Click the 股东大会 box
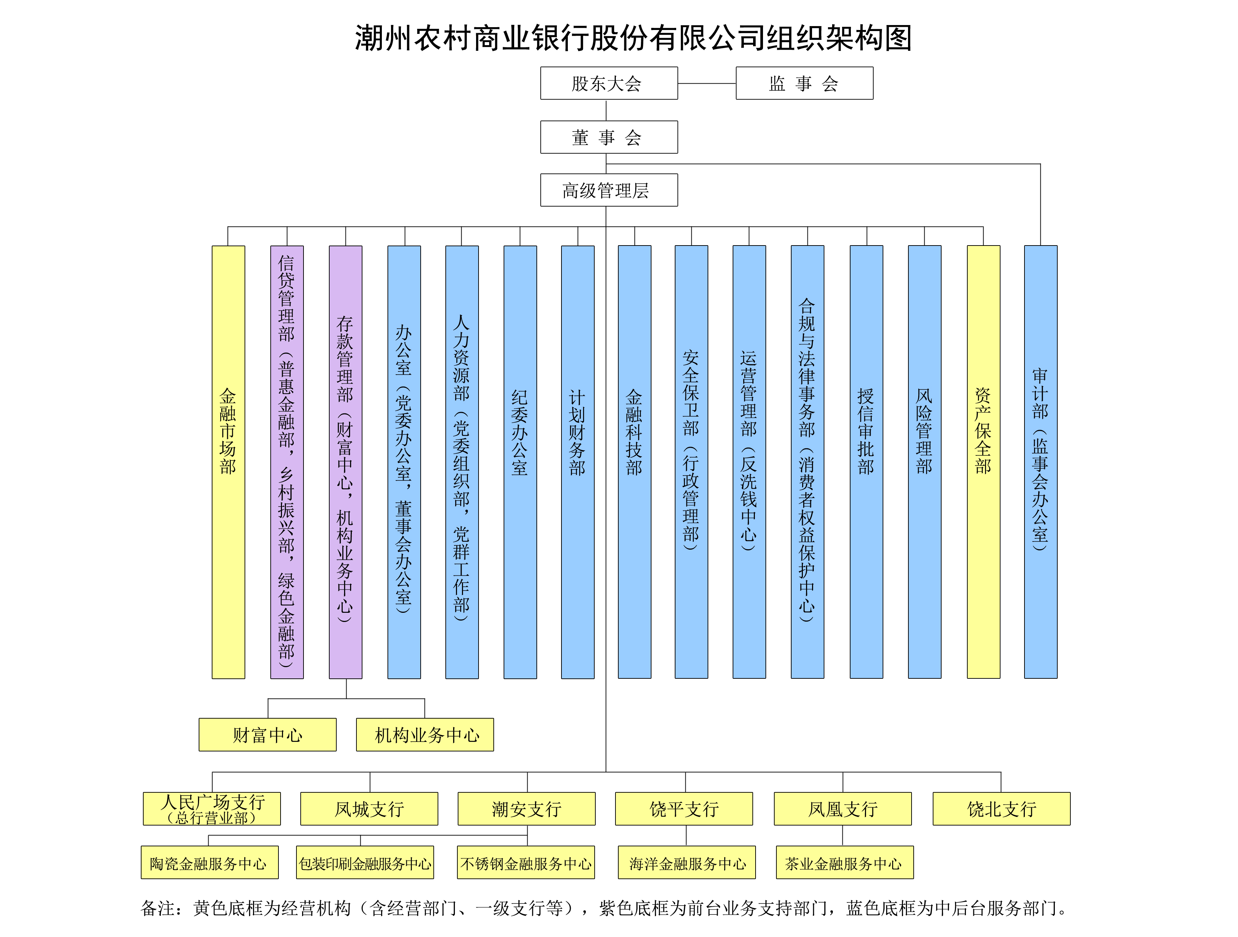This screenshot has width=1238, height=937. coord(609,83)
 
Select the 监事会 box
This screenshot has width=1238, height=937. coord(804,83)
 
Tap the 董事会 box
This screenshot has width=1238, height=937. coord(609,137)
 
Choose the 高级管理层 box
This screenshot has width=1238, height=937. coord(609,190)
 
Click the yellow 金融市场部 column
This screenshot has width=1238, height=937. coord(228,462)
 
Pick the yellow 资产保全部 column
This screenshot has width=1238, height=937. coord(983,462)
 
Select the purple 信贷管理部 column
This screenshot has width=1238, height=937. coord(287,462)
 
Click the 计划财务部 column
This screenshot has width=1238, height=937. coord(578,462)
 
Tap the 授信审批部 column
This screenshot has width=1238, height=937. coord(866,462)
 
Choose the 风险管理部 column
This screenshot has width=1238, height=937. coord(925,462)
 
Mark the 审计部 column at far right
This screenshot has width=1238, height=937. coord(1040,462)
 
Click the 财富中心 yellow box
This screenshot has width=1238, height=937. coord(268,735)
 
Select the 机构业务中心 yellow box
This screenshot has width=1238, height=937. coord(425,735)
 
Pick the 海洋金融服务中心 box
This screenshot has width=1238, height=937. coord(687,863)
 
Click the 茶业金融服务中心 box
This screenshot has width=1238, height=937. coord(845,863)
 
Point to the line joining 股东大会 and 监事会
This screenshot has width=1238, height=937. coord(707,83)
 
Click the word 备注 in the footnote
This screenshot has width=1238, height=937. coord(157,908)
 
